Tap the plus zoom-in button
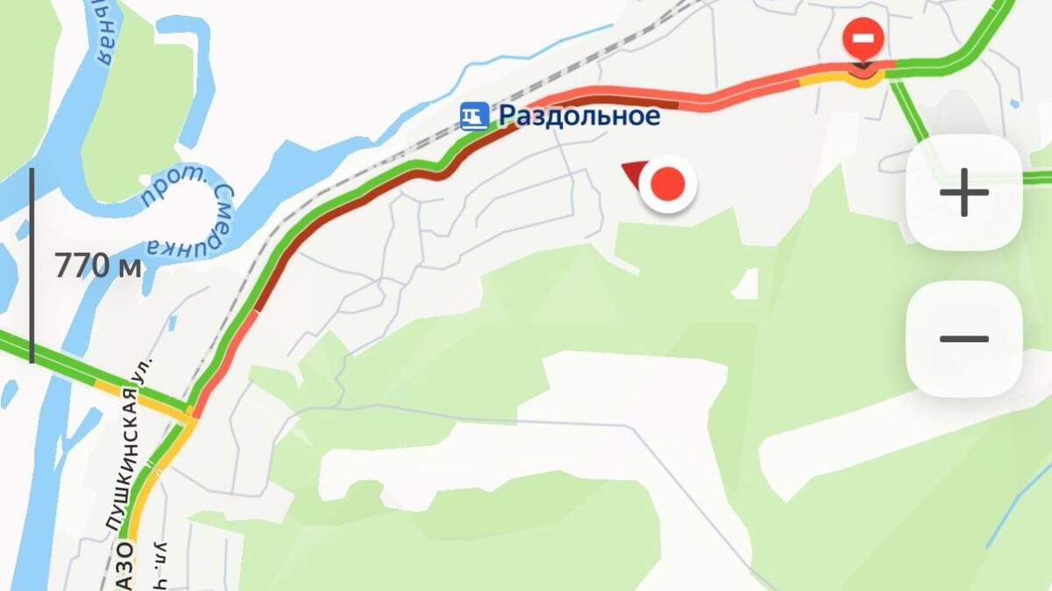click(963, 193)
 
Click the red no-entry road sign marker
click(863, 40)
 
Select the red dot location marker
click(668, 185)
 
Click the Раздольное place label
click(579, 115)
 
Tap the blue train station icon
click(474, 116)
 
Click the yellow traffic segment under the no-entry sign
click(864, 81)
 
